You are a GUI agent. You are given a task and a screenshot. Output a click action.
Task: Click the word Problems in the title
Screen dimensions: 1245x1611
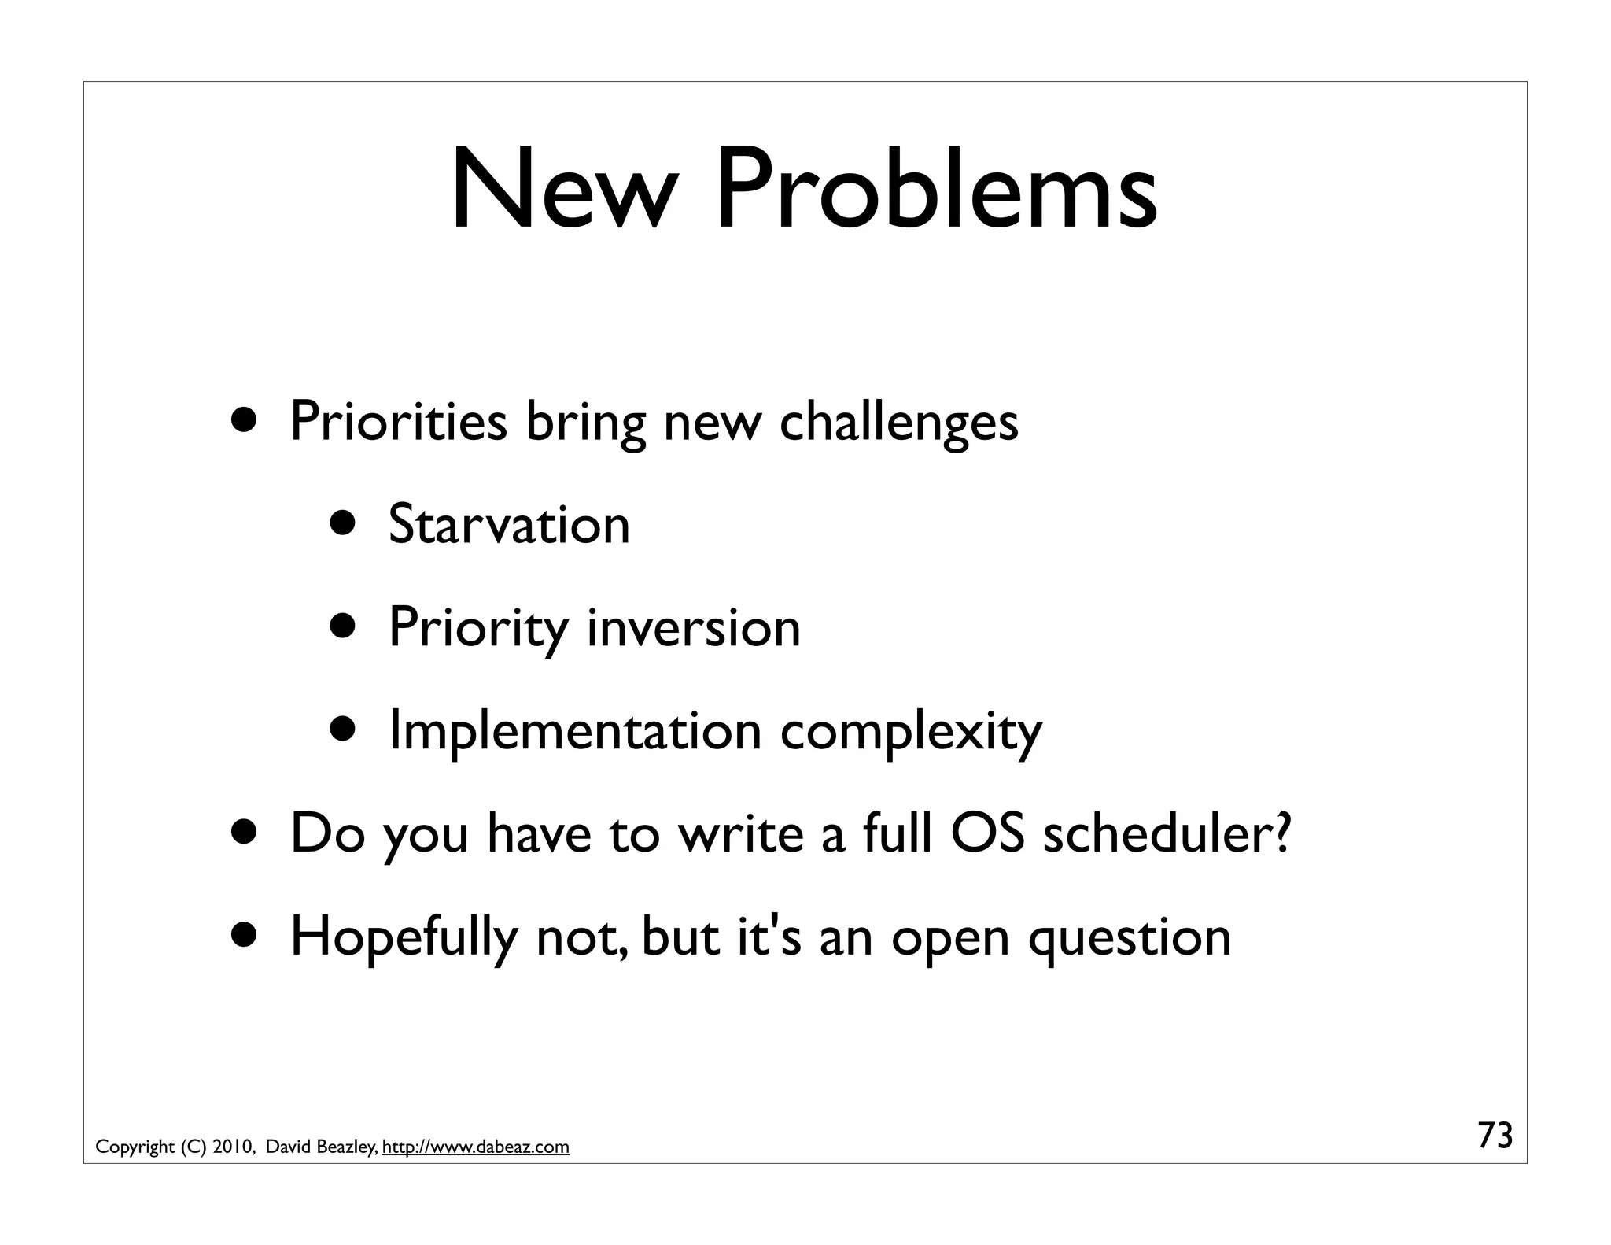pos(935,191)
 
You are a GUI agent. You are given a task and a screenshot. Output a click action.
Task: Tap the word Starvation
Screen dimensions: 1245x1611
pos(509,524)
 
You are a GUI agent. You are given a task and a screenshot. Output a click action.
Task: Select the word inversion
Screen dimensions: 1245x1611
pos(693,627)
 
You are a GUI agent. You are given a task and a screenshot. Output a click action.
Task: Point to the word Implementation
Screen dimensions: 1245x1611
pos(575,730)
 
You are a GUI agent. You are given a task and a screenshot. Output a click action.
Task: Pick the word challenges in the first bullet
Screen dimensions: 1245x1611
pos(898,422)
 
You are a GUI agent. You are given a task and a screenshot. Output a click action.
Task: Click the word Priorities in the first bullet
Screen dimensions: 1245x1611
pos(398,422)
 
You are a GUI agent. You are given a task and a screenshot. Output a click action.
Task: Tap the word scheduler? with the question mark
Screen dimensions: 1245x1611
pos(1167,833)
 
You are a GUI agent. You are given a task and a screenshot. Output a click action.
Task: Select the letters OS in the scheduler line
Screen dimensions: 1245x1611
pos(987,833)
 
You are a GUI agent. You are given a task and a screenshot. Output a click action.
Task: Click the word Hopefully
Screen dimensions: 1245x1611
pos(404,937)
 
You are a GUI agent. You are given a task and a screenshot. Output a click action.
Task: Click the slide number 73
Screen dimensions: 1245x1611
pos(1495,1136)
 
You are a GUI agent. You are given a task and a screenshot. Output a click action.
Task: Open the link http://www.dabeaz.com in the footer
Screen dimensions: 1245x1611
pos(475,1147)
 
